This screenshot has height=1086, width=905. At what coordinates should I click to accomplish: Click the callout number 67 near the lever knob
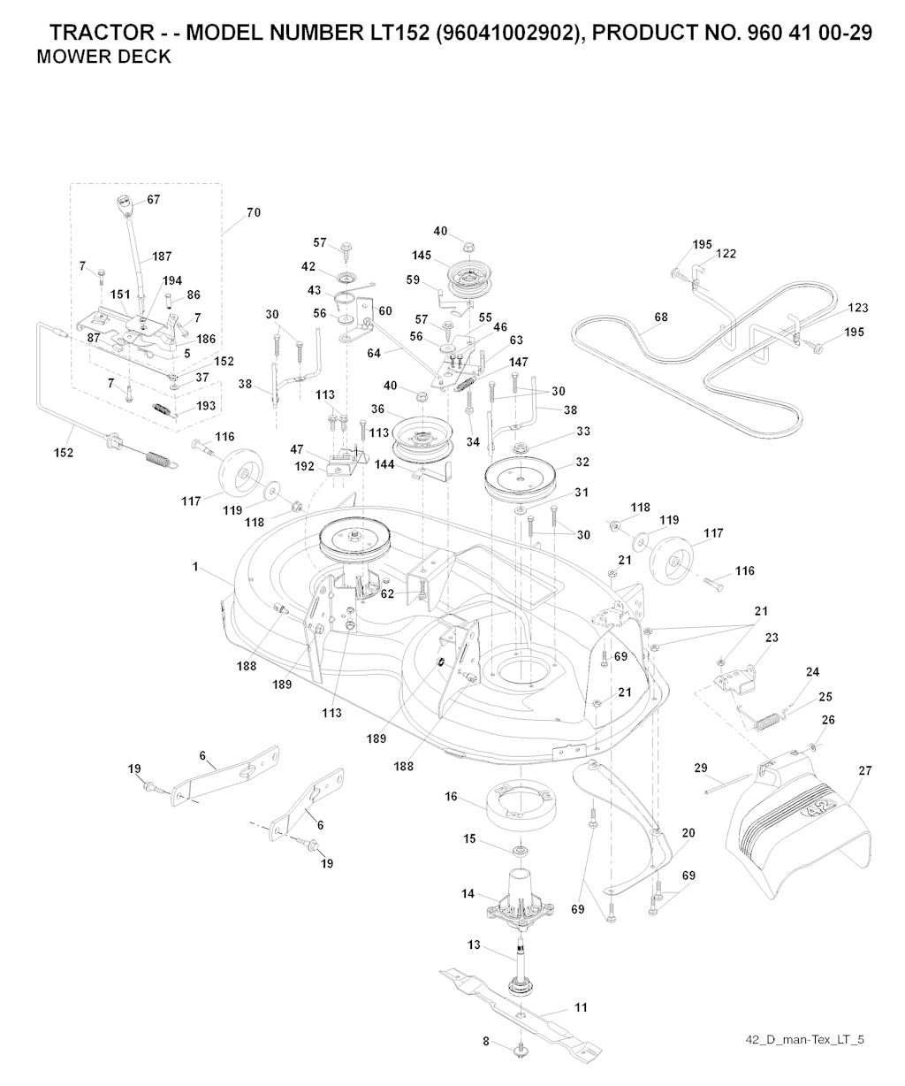pyautogui.click(x=154, y=200)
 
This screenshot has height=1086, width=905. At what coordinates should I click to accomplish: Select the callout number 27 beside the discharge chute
pyautogui.click(x=864, y=771)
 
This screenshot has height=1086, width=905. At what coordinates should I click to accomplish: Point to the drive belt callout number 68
pyautogui.click(x=660, y=317)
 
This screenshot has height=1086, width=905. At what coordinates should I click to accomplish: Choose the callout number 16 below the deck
pyautogui.click(x=451, y=797)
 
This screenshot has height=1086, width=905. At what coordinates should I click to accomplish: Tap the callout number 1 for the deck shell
pyautogui.click(x=195, y=567)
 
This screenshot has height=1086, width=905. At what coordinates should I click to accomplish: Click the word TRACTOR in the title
pyautogui.click(x=100, y=34)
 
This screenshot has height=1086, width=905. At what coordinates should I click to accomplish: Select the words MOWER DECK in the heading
pyautogui.click(x=104, y=58)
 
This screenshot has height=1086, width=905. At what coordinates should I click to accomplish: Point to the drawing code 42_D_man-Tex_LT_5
pyautogui.click(x=803, y=1038)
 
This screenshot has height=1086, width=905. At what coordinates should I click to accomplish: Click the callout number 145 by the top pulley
pyautogui.click(x=421, y=255)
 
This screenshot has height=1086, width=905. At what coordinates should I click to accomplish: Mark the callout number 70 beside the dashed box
pyautogui.click(x=254, y=213)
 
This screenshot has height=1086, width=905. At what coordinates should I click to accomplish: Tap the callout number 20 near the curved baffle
pyautogui.click(x=688, y=833)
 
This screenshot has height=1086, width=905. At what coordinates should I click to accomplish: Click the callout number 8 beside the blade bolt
pyautogui.click(x=486, y=1042)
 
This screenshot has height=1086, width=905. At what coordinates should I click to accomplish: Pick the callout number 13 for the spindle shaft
pyautogui.click(x=474, y=945)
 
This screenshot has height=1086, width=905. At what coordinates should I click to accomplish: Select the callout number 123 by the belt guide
pyautogui.click(x=857, y=308)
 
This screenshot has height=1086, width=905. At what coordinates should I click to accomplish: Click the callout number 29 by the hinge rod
pyautogui.click(x=701, y=768)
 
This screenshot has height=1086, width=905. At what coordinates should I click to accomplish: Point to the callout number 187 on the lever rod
pyautogui.click(x=162, y=256)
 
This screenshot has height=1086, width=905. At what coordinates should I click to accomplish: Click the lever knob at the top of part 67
pyautogui.click(x=123, y=203)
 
